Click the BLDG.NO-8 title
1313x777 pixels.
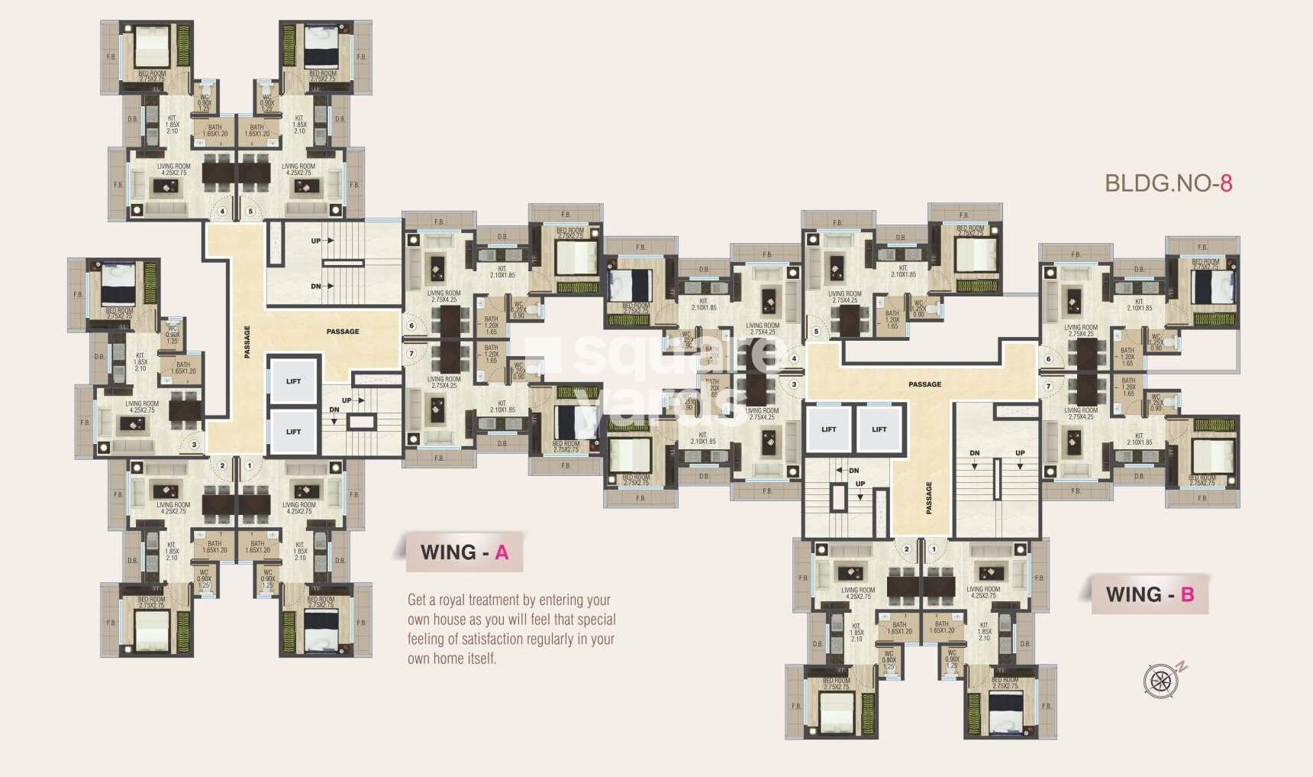coord(1168,183)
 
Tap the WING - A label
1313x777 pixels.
coord(464,552)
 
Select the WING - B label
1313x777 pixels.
coord(1150,594)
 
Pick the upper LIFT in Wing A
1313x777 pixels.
coord(293,380)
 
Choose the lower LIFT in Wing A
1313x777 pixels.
coord(293,432)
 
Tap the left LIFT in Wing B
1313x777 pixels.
coord(828,429)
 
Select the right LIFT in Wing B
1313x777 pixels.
coord(879,429)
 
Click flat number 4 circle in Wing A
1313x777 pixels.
coord(223,212)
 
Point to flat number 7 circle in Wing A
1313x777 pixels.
coord(411,354)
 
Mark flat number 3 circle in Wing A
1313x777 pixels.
coord(194,445)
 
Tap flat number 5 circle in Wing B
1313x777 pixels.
coord(816,332)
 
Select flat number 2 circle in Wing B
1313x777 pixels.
coord(907,549)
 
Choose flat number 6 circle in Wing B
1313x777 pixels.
coord(1048,359)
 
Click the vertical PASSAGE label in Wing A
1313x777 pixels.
coord(247,342)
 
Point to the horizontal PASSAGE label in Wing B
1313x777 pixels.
coord(924,384)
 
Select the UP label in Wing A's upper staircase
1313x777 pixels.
coord(315,241)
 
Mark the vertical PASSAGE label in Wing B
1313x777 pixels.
coord(929,497)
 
